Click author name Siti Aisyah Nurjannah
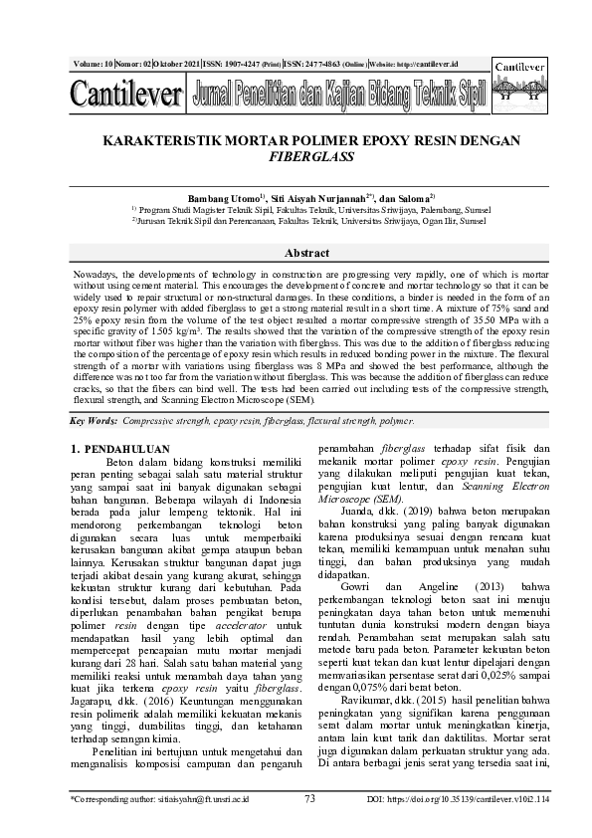(315, 199)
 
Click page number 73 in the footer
(309, 798)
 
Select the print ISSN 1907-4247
(235, 64)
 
